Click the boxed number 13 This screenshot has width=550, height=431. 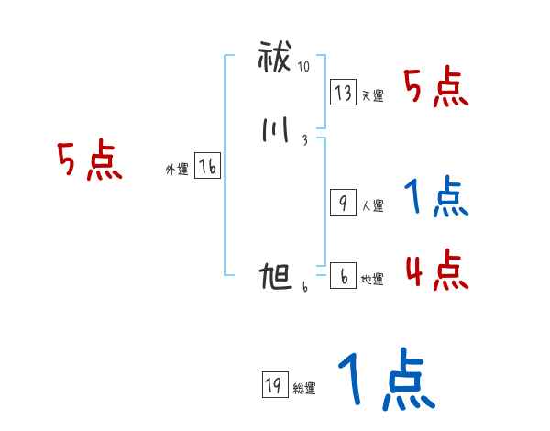pyautogui.click(x=344, y=93)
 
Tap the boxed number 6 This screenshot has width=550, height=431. pyautogui.click(x=342, y=276)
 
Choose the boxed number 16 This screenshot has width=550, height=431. pyautogui.click(x=207, y=166)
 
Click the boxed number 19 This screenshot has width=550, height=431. pyautogui.click(x=273, y=386)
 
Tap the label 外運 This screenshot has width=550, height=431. pyautogui.click(x=177, y=170)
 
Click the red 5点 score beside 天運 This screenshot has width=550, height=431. pyautogui.click(x=435, y=89)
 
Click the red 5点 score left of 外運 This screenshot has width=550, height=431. pyautogui.click(x=88, y=162)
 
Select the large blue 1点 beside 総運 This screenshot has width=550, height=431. pyautogui.click(x=385, y=381)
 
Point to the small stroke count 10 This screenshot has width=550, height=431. pyautogui.click(x=304, y=66)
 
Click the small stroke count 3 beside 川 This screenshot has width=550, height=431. pyautogui.click(x=303, y=139)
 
